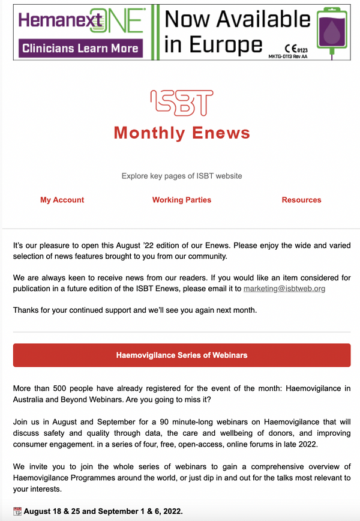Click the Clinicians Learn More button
[80, 47]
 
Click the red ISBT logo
[181, 103]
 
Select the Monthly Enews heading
[182, 133]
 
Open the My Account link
[62, 200]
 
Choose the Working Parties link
[181, 200]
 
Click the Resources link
[301, 200]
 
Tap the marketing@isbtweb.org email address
[284, 289]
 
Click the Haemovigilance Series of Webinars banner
[181, 355]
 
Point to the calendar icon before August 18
[17, 511]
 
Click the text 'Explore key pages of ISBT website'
[182, 176]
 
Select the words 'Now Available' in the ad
[237, 20]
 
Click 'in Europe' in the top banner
[213, 46]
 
